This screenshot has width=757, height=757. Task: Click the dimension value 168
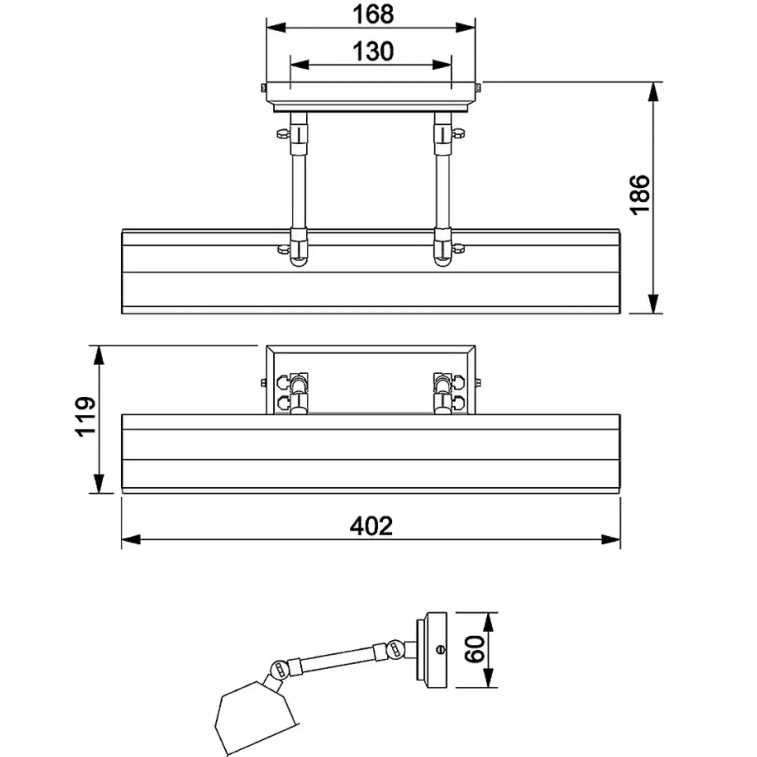[374, 14]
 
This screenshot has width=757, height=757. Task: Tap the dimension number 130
[374, 51]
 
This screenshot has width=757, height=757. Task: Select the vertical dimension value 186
[640, 194]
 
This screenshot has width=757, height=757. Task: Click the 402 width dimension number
[371, 526]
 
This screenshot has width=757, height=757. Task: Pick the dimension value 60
[475, 649]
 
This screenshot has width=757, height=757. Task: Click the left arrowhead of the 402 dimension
[131, 540]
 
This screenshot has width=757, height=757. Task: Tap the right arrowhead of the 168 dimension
[466, 28]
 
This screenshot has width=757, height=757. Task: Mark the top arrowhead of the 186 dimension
[653, 92]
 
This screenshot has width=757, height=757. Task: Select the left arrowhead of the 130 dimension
[300, 64]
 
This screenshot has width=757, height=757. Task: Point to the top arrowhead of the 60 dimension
[488, 622]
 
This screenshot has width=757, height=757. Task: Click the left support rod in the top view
[298, 189]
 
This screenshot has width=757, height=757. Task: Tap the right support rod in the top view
[442, 189]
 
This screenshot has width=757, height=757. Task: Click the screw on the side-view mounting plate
[440, 649]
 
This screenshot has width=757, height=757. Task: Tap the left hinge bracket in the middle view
[293, 392]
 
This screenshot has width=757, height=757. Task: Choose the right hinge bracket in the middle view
[448, 392]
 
